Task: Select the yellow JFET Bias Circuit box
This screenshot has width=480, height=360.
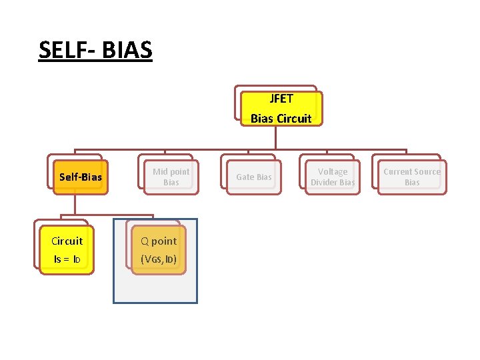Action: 281,108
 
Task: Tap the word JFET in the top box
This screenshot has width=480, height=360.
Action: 281,99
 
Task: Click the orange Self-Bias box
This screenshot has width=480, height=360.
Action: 80,177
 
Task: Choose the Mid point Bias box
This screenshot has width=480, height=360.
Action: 171,177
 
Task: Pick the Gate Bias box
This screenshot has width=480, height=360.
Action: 254,177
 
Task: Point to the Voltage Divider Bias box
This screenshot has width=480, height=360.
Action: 332,177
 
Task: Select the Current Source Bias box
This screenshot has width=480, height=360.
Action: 411,177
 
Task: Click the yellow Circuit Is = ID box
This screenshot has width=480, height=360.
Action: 67,250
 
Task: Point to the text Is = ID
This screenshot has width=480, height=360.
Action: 67,259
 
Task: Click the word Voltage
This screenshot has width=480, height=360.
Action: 332,171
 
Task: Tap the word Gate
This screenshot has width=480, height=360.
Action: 245,177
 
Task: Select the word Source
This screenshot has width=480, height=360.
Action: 427,171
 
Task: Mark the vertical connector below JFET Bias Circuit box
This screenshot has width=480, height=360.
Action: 275,137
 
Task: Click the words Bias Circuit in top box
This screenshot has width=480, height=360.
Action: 281,118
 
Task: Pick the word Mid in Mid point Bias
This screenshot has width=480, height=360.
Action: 159,171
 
